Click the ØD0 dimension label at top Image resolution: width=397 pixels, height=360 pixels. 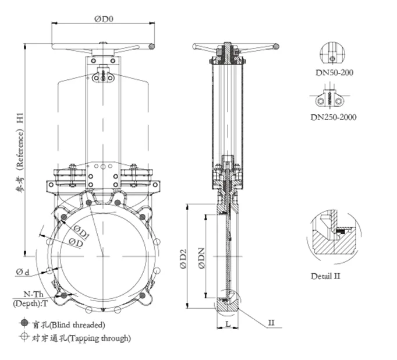tap(103, 18)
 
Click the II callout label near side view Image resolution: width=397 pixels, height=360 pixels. tap(271, 322)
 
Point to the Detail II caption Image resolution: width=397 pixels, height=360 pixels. tap(325, 276)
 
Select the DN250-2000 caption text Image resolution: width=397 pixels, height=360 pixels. tap(334, 117)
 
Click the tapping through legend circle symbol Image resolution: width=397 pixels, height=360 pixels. tap(23, 337)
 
